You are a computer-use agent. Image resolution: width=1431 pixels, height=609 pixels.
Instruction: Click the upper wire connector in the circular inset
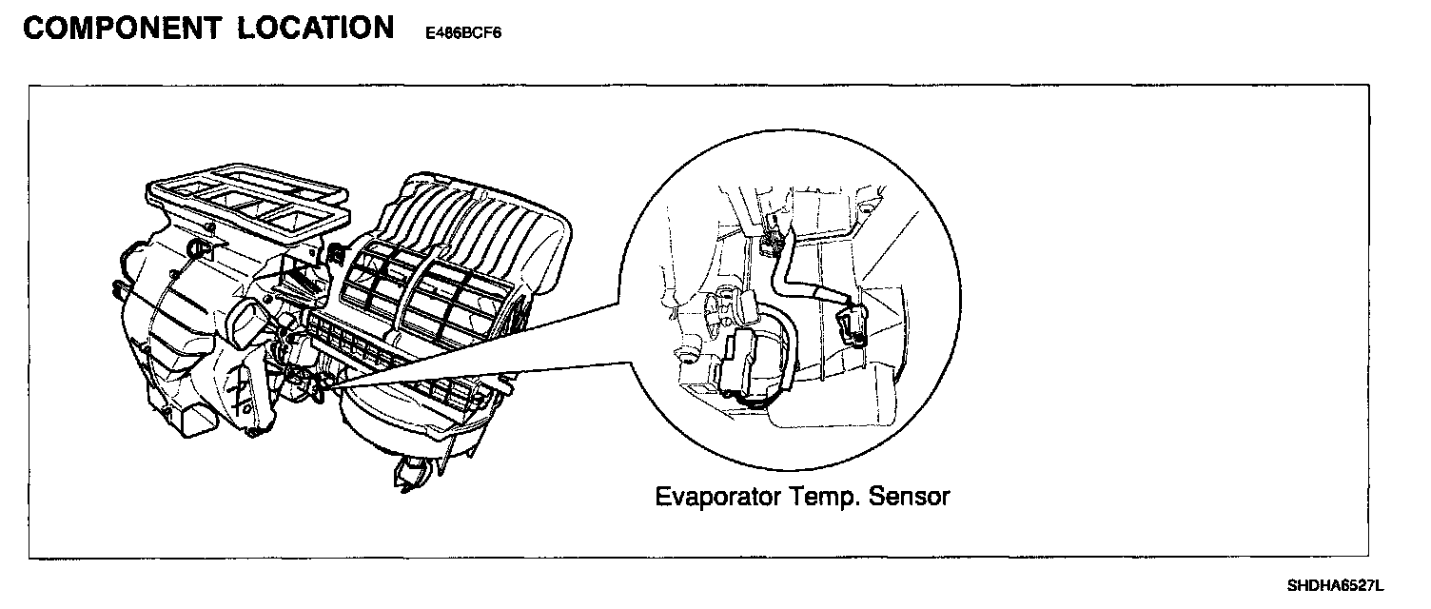773,228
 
